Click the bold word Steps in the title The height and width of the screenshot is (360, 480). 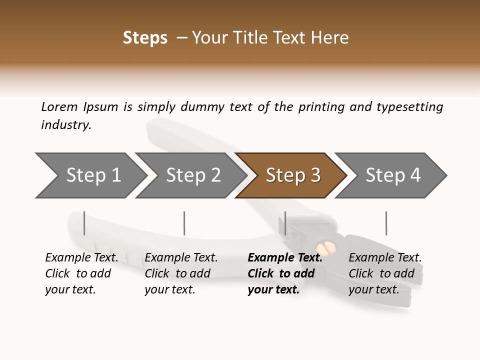pos(145,38)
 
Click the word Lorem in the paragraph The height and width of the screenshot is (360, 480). pos(59,106)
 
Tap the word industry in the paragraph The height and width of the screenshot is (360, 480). pos(66,125)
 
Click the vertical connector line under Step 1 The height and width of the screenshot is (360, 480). pos(84,223)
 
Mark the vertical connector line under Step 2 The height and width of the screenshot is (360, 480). pos(184,223)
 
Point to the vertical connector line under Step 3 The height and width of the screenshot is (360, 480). pos(285,223)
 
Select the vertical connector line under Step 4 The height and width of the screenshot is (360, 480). pos(386,223)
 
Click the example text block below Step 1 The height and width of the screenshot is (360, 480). pos(81,273)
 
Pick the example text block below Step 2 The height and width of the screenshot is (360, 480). pos(181,273)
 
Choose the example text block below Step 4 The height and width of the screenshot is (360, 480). pos(385,273)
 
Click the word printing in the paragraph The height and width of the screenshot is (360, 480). pos(321,106)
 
